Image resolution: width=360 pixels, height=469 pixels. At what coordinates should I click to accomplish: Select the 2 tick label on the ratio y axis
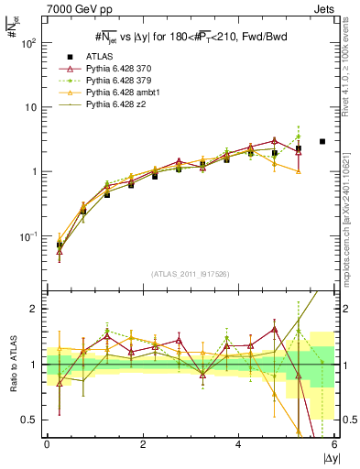[x=34, y=309]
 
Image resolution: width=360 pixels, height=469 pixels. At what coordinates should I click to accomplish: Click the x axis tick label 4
[x=238, y=444]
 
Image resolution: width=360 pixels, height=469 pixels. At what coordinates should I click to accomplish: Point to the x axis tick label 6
[x=334, y=444]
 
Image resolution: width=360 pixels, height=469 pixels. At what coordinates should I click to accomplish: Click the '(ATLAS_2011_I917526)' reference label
[x=191, y=274]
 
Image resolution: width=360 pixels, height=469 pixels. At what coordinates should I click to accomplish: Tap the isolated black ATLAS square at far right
[x=322, y=141]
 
